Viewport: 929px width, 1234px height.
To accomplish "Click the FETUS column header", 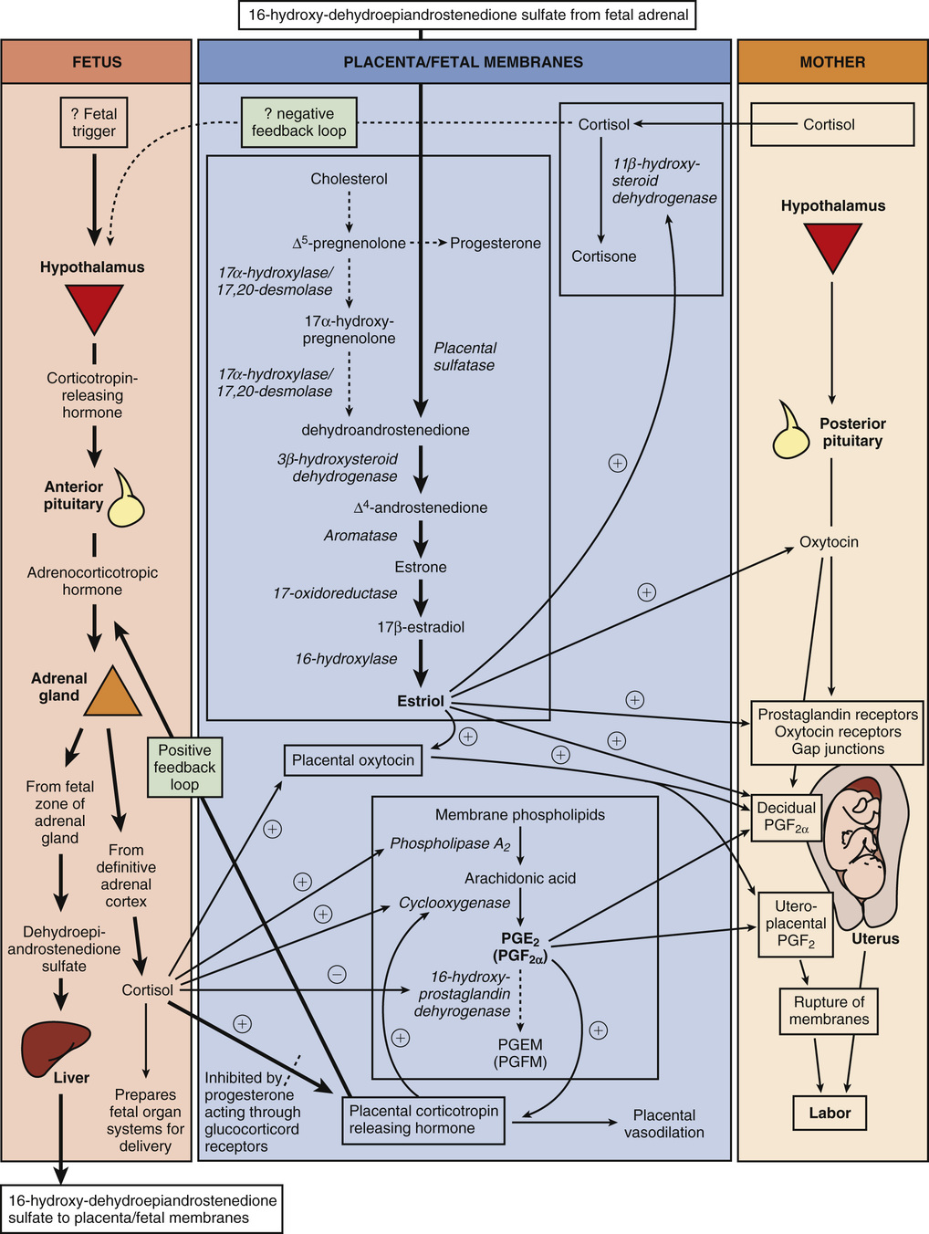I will tap(97, 62).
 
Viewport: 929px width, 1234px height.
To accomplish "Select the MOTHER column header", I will tap(831, 62).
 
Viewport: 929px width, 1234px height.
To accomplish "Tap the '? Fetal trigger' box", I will tap(94, 122).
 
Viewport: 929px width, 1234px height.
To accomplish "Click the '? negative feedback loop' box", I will tap(298, 122).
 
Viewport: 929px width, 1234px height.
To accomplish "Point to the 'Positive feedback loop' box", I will tap(184, 767).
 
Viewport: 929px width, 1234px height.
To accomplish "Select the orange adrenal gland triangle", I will tap(112, 693).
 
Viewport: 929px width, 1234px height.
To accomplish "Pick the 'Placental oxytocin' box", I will tap(352, 760).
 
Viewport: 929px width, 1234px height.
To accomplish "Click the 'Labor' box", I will tap(829, 1113).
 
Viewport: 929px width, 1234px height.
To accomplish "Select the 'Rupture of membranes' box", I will tap(829, 1010).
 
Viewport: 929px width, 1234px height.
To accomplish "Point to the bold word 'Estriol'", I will tap(421, 701).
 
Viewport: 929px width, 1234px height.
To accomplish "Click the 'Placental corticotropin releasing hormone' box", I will tap(423, 1120).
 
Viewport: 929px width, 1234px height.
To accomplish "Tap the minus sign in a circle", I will tap(337, 974).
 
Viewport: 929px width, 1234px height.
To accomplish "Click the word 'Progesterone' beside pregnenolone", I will tap(495, 243).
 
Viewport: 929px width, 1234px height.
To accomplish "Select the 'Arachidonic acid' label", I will tap(520, 878).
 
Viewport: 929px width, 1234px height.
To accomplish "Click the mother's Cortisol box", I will tap(831, 124).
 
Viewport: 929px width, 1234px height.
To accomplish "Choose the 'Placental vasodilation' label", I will tap(663, 1124).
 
